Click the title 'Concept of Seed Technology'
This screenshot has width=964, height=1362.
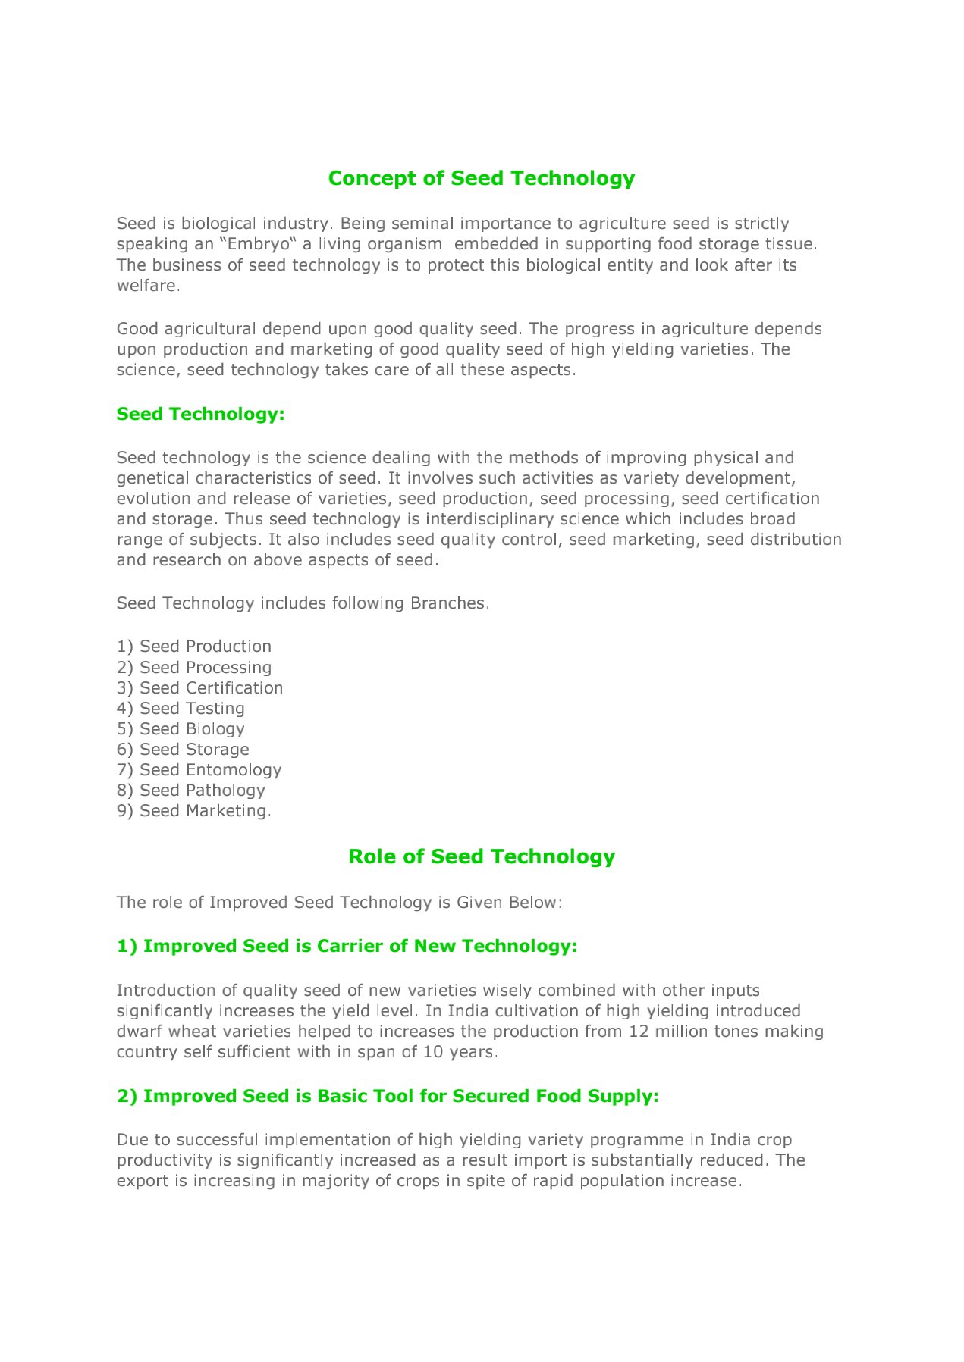click(481, 178)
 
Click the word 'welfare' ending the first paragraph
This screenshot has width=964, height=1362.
click(147, 286)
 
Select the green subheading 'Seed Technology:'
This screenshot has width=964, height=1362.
click(200, 414)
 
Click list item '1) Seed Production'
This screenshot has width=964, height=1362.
click(194, 647)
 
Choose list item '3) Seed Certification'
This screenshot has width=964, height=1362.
click(199, 688)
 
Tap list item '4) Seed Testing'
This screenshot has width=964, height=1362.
click(181, 709)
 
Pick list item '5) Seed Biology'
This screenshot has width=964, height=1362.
click(181, 729)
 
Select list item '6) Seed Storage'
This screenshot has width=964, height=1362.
click(183, 750)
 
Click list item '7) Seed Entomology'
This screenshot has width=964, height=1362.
click(199, 770)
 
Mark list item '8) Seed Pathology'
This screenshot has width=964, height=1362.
click(191, 791)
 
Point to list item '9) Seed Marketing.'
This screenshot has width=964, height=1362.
click(194, 811)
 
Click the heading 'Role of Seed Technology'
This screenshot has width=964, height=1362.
click(481, 856)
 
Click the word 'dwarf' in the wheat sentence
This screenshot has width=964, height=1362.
click(139, 1032)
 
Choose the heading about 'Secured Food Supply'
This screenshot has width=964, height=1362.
click(388, 1096)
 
